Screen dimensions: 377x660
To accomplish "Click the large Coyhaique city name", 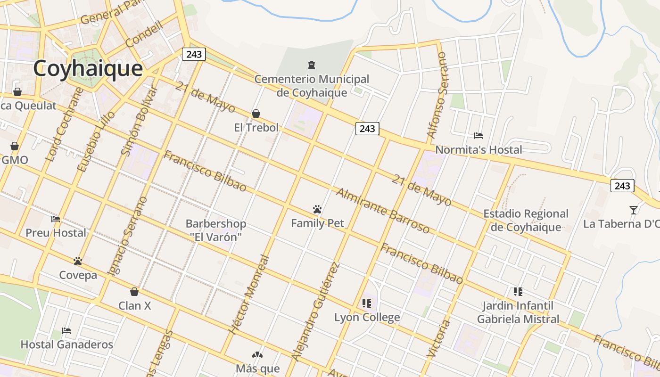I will click(88, 68).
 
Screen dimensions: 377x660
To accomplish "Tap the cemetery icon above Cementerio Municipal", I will click(311, 65).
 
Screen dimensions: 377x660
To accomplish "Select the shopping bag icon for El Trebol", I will click(256, 114).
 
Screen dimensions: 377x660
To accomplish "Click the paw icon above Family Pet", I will click(317, 209).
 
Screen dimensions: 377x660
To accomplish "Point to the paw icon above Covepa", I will click(78, 261).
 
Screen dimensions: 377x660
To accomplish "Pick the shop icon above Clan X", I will click(134, 292).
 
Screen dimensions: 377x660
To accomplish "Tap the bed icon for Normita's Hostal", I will click(478, 136).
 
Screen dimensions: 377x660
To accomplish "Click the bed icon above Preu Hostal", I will click(56, 219).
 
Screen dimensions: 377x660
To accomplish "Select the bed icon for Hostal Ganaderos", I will click(66, 331).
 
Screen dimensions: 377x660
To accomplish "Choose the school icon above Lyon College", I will click(367, 303).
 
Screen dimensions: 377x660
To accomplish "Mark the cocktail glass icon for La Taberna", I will click(633, 210).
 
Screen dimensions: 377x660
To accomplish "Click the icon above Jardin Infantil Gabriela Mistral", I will click(518, 292).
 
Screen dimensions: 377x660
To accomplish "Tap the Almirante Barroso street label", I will click(382, 211).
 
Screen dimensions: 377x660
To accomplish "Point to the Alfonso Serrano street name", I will click(436, 95).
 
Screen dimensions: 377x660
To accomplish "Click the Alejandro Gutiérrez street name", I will click(315, 311).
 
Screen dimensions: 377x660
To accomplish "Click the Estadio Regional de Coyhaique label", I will click(526, 220).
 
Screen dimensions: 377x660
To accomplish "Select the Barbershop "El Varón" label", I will click(215, 230).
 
